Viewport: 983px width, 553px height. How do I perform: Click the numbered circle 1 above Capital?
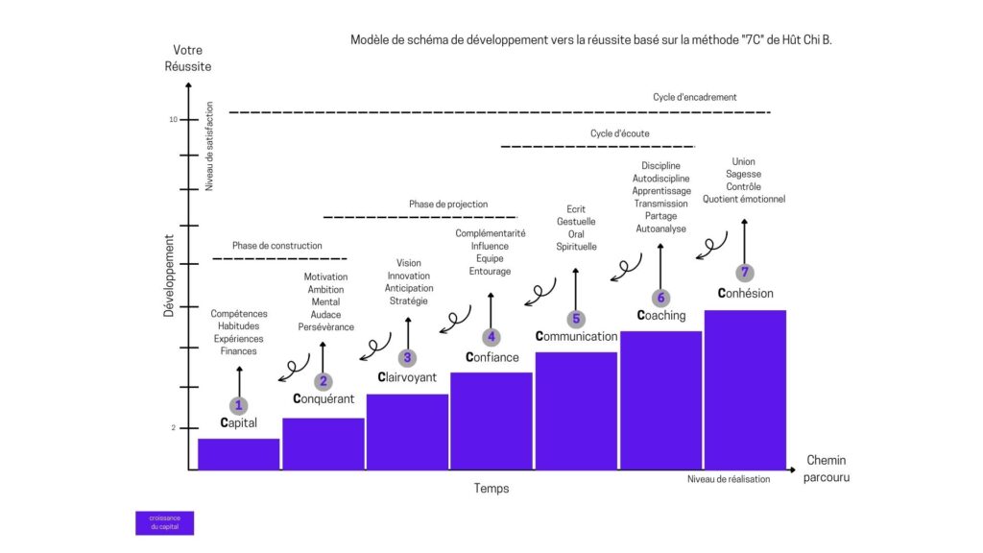[239, 405]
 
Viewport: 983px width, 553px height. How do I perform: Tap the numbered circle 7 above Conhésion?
[744, 273]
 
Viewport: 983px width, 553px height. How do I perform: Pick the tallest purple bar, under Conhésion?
[745, 389]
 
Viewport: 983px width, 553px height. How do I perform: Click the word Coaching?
[661, 315]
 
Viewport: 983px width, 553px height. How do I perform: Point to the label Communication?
[576, 337]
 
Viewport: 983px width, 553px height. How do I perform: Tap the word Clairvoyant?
[407, 376]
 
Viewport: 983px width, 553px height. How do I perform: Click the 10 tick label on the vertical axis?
[174, 120]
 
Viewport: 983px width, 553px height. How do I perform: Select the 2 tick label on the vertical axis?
[174, 428]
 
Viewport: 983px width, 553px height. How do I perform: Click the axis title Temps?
[491, 489]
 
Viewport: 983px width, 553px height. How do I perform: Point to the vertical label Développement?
[168, 276]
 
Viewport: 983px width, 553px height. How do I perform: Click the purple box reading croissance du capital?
[164, 522]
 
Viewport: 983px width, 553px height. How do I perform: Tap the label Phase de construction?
[277, 246]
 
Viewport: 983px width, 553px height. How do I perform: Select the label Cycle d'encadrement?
[695, 97]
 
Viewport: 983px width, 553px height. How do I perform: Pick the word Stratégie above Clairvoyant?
[408, 301]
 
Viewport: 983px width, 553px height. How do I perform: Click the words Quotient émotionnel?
[744, 199]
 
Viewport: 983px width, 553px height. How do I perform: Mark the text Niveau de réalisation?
[730, 479]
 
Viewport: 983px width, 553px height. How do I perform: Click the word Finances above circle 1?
[239, 351]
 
